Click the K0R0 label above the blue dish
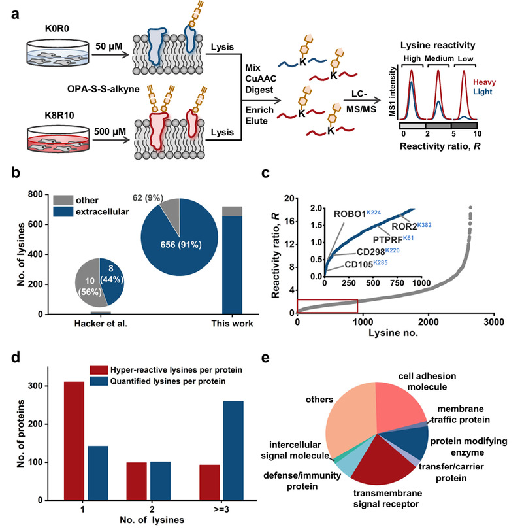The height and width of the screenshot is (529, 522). (57, 29)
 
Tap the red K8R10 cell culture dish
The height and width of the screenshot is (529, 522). (58, 139)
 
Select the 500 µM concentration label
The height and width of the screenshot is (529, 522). (110, 131)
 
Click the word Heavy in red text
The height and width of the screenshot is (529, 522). (484, 82)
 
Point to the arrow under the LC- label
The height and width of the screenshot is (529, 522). (362, 100)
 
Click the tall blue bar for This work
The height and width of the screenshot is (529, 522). (232, 265)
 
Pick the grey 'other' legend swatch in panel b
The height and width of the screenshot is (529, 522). (63, 200)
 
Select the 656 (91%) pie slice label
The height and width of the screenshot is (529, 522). (181, 245)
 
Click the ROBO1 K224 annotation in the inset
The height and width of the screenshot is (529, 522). (357, 214)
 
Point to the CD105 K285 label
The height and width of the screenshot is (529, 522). (366, 264)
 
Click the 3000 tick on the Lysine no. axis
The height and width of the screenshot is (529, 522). (494, 322)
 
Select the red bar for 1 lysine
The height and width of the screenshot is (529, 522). (74, 441)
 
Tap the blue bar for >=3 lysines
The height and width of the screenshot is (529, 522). (233, 451)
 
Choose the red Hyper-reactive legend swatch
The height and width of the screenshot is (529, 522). (99, 369)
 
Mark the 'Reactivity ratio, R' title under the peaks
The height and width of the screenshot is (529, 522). (440, 146)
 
